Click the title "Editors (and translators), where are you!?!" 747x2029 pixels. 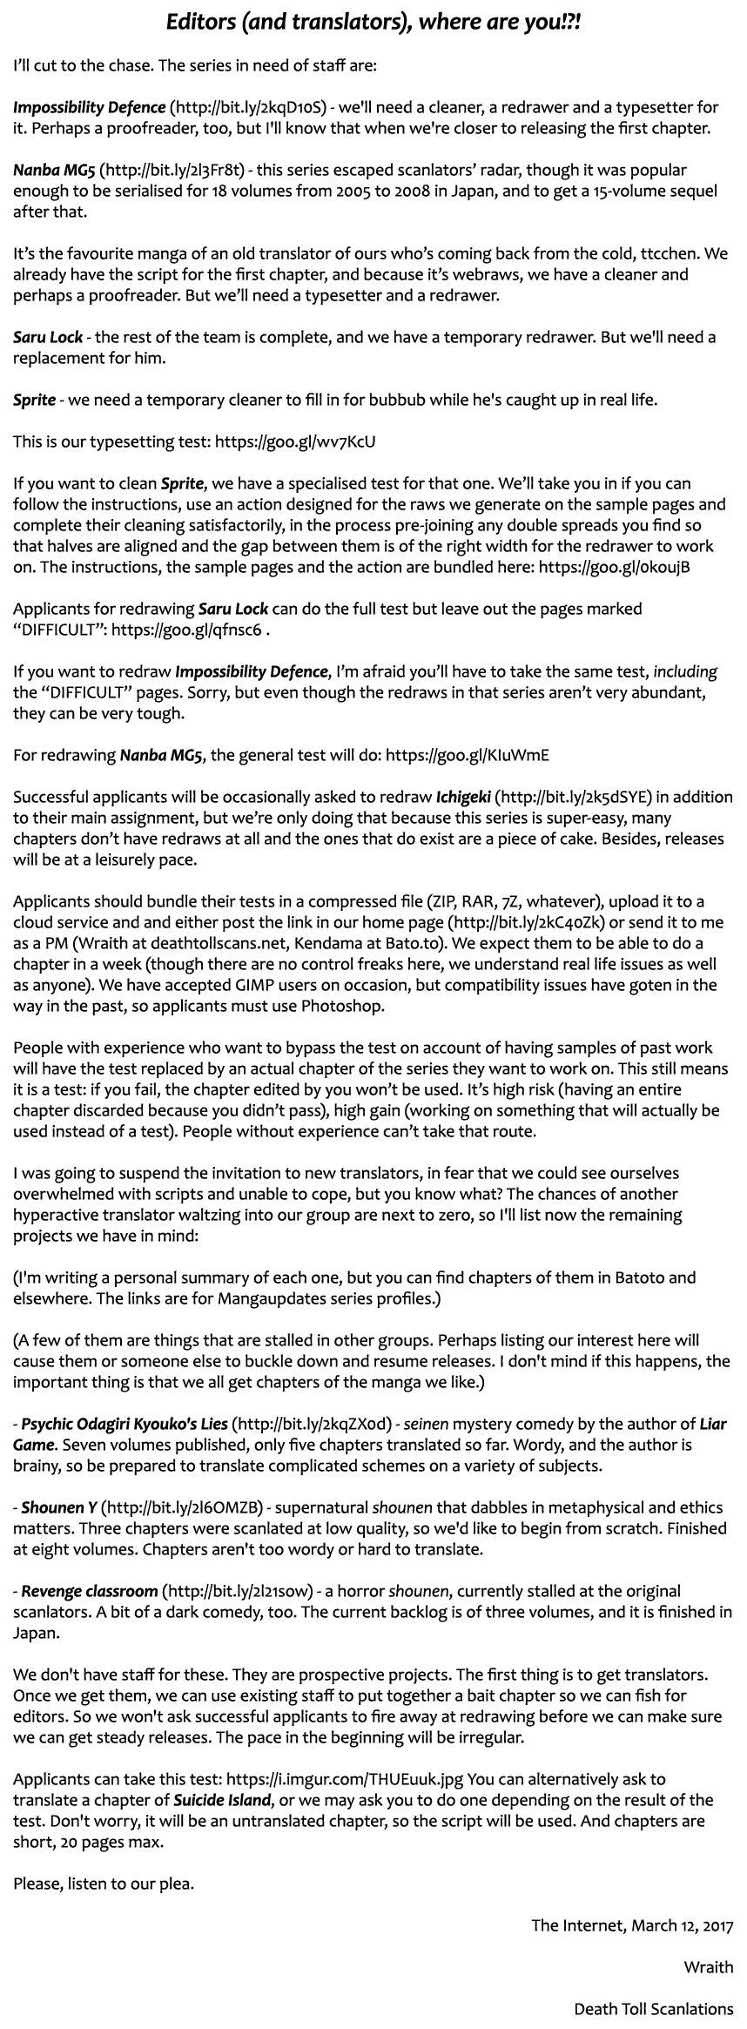[x=373, y=23]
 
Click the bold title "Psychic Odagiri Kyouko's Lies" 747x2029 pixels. [x=124, y=1425]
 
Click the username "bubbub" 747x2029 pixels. [x=400, y=400]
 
